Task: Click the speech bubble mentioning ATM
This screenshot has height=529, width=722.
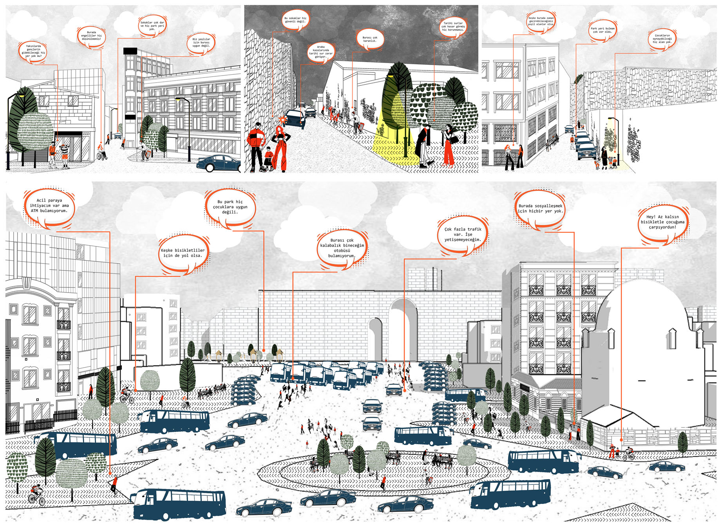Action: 49,206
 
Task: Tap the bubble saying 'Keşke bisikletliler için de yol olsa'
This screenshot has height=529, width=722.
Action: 183,253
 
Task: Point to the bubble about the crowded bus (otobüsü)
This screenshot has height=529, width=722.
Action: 342,248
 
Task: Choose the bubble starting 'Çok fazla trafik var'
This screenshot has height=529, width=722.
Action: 462,235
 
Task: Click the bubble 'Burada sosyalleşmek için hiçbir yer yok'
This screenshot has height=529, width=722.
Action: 540,209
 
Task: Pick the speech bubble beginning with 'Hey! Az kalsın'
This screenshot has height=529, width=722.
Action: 662,222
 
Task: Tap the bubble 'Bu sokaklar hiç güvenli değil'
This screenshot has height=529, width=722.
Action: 295,20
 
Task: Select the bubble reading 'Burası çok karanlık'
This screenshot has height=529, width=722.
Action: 369,39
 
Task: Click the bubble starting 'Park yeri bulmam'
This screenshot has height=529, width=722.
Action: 603,30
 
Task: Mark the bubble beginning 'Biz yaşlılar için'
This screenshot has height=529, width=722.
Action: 201,43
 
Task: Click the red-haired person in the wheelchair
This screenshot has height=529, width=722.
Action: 101,152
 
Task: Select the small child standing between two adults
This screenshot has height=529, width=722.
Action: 268,158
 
